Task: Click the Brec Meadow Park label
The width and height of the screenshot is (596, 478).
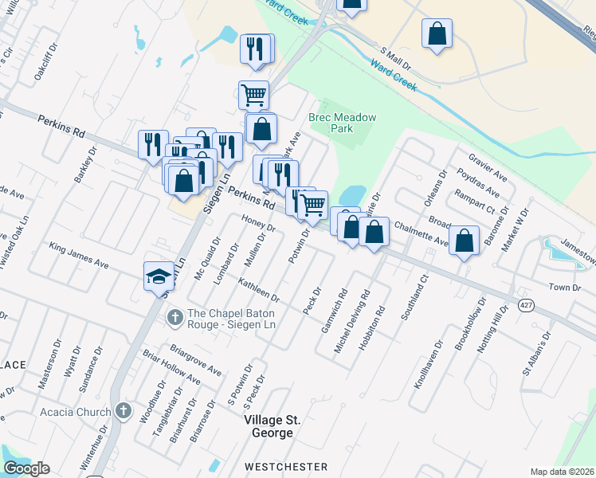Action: [343, 123]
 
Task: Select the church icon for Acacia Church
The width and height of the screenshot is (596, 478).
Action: [123, 411]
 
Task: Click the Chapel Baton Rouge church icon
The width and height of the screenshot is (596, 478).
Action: [175, 318]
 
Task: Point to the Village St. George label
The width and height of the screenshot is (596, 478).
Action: [268, 426]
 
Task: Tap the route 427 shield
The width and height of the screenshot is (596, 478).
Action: [527, 306]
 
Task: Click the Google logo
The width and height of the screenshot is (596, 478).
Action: [26, 468]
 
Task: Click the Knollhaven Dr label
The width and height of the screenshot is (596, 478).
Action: [420, 367]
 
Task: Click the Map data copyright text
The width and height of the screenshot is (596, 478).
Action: [562, 471]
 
